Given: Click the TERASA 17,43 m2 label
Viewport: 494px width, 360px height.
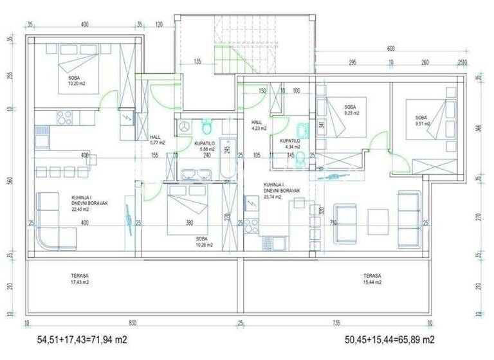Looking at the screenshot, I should coord(80,278).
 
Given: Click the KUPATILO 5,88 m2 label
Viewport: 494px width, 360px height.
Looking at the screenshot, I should coord(205,147).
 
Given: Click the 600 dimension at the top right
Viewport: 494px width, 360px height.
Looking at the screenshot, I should coord(390,49).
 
